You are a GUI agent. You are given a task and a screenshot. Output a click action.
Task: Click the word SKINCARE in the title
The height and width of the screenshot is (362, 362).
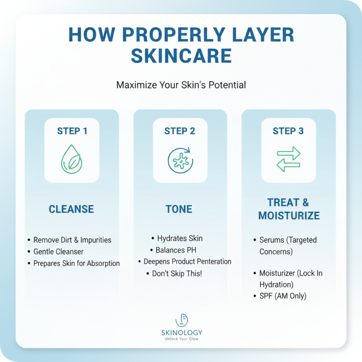[x=181, y=55]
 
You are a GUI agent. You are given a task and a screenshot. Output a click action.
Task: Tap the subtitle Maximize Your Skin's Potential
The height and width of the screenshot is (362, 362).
[x=181, y=85]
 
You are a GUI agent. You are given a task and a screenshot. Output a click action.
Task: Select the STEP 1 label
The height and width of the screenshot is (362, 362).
[x=72, y=131]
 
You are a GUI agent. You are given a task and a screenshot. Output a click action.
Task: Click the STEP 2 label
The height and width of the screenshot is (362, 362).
[x=180, y=131]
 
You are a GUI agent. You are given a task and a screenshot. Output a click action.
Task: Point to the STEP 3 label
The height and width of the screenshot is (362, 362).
[x=288, y=131]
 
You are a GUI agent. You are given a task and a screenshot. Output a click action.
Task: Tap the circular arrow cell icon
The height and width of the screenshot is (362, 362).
[x=180, y=159]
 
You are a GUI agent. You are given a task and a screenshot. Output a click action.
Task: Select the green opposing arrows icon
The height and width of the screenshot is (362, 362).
[x=288, y=159]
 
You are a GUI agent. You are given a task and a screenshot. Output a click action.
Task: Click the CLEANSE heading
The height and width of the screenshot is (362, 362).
[x=71, y=209]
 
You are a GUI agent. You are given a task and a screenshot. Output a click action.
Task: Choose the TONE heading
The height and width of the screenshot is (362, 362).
[x=180, y=209]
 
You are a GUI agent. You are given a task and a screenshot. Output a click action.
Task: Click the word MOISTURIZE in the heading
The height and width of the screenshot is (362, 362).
[x=289, y=215]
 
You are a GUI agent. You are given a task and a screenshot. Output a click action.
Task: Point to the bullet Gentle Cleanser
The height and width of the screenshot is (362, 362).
[x=58, y=252]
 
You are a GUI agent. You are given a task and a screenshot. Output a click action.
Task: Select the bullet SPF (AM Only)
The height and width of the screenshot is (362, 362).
[x=283, y=296]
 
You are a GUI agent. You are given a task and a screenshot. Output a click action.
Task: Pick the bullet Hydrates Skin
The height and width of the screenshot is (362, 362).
[x=180, y=238]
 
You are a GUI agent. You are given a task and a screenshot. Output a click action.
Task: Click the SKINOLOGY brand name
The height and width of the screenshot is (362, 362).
[x=181, y=333]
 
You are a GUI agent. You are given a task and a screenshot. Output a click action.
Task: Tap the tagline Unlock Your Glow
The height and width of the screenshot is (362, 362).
[x=181, y=339]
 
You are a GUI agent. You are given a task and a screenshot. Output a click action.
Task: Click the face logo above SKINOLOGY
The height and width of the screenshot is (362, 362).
[x=181, y=320]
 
